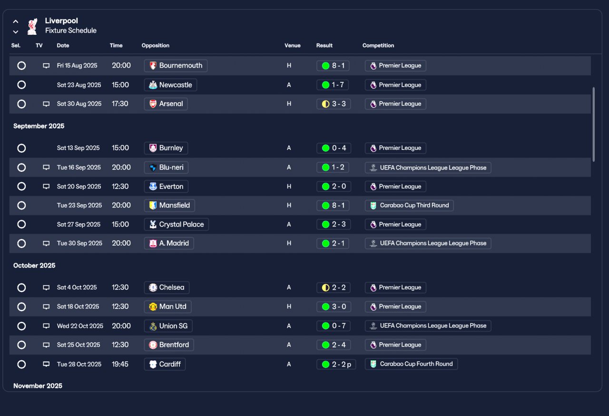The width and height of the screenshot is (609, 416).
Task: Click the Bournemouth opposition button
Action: pos(176,66)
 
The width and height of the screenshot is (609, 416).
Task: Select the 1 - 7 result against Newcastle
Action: pos(333,85)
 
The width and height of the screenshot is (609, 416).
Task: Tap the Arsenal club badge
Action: pos(153,104)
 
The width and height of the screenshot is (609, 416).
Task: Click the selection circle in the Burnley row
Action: pos(21,148)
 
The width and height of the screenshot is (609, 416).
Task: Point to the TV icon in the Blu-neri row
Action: pos(46,167)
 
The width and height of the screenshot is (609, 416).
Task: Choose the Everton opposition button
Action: pos(166,187)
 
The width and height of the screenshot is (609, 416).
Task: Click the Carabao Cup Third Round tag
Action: pos(409,205)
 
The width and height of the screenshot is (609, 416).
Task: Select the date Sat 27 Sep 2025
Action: pos(79,224)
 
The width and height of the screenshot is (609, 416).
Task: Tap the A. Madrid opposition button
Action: pos(169,243)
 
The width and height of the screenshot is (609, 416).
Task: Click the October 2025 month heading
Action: pos(34,266)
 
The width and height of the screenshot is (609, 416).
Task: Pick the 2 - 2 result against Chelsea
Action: pos(334,287)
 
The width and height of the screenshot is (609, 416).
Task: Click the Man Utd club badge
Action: pos(153,307)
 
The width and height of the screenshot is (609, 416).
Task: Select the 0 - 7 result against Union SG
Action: pos(334,326)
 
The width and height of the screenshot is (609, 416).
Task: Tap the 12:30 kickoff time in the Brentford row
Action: pos(120,345)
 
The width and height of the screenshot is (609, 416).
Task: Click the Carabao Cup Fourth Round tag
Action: pos(412,364)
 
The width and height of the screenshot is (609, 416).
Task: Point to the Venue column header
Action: pos(293,45)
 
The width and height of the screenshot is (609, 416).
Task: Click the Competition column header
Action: pos(378,45)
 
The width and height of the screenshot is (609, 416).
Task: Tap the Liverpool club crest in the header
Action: pos(32,26)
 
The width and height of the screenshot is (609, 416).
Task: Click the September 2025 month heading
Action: pos(39,126)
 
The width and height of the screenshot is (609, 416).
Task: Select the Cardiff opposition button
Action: pos(165,364)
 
